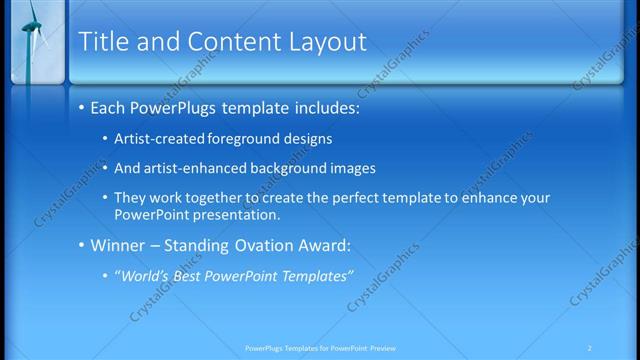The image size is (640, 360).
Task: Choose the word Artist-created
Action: pyautogui.click(x=160, y=138)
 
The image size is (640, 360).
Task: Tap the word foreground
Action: pyautogui.click(x=248, y=138)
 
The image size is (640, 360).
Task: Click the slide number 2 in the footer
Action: pyautogui.click(x=590, y=348)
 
